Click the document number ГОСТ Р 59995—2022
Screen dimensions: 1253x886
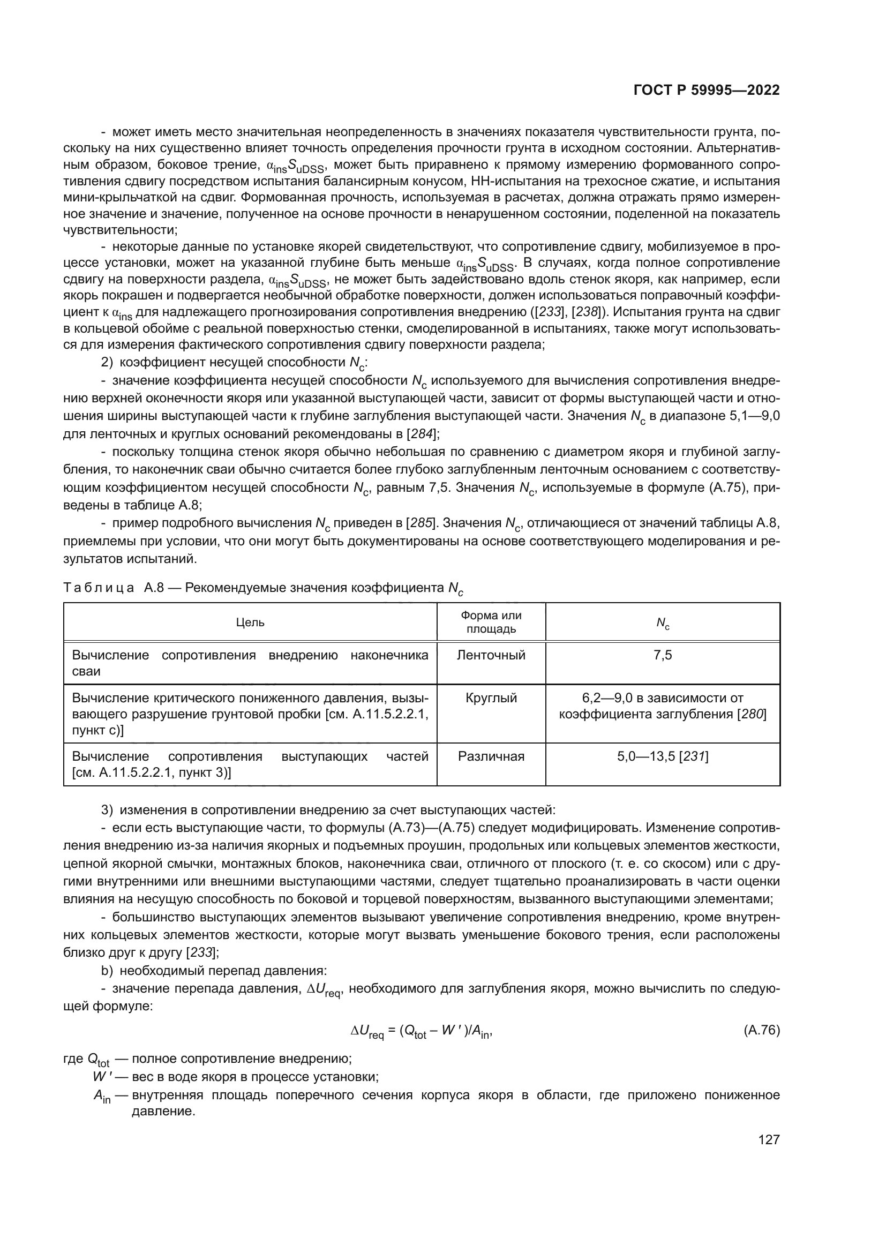(706, 90)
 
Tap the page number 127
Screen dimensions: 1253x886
(769, 1139)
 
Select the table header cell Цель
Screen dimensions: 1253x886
(250, 622)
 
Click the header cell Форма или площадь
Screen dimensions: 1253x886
(491, 622)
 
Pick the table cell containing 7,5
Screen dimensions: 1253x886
(662, 655)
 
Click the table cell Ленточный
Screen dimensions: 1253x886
(491, 655)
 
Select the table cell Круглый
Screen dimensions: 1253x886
(491, 698)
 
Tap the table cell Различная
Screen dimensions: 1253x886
(491, 756)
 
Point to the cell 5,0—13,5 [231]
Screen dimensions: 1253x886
(662, 756)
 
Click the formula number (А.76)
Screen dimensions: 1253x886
(762, 1030)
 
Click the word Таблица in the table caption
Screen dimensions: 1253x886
(99, 588)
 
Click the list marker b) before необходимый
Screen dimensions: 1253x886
(108, 971)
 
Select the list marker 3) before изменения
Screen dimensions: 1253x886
(108, 810)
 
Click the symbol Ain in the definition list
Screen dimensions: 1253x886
(102, 1096)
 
